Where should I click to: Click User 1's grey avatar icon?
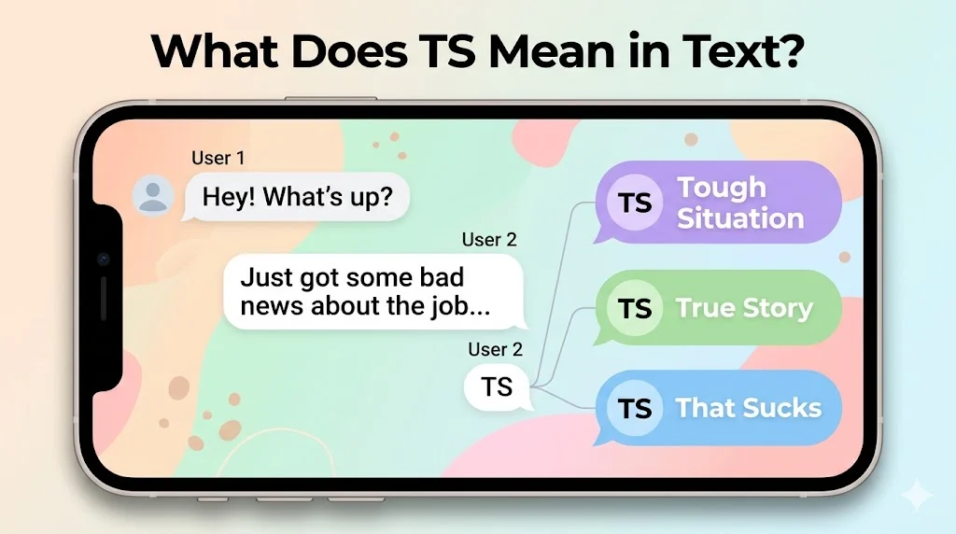click(x=152, y=195)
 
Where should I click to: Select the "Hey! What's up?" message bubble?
click(x=293, y=196)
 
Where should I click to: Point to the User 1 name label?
click(x=218, y=158)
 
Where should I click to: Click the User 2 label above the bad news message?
click(x=488, y=240)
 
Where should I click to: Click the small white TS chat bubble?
click(x=497, y=386)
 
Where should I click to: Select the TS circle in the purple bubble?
click(x=635, y=203)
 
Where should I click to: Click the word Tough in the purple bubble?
click(x=722, y=188)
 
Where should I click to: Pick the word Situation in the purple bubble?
click(x=740, y=219)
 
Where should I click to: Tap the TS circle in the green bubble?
click(x=635, y=308)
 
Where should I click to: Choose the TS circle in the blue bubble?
click(x=635, y=408)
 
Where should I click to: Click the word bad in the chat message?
click(x=440, y=277)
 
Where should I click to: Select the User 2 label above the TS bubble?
click(x=495, y=350)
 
